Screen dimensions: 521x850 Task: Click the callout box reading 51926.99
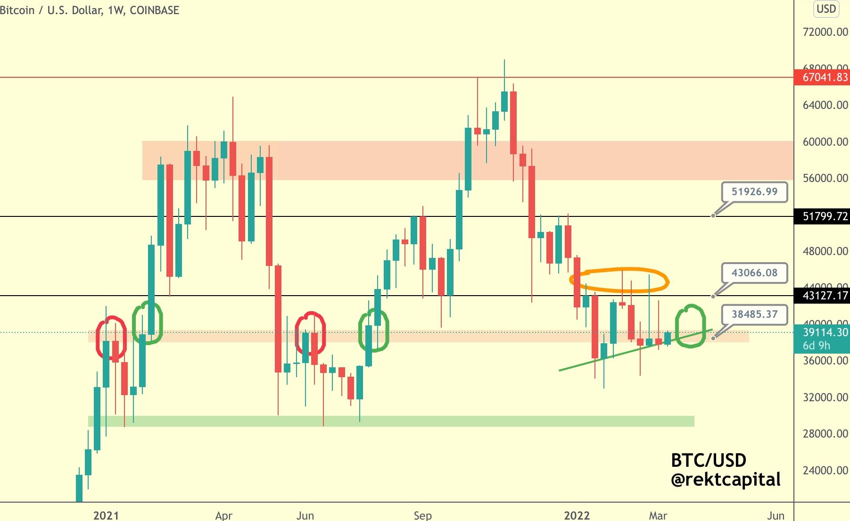(x=754, y=192)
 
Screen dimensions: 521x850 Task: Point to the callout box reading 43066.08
(x=754, y=273)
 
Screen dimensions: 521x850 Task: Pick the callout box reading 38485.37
(x=754, y=314)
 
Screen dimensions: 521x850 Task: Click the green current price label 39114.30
(x=825, y=332)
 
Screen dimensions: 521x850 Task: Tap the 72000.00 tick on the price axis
(x=825, y=32)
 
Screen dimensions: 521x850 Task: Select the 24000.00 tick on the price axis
(x=825, y=471)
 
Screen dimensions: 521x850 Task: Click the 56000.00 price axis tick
(x=825, y=178)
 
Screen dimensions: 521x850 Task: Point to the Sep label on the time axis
(x=422, y=515)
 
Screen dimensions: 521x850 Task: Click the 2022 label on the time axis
(x=577, y=515)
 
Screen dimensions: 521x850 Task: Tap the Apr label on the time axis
(x=223, y=515)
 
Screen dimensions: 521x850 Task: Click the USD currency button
(x=826, y=9)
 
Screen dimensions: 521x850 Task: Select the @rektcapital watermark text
(x=726, y=480)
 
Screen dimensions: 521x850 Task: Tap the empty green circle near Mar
(x=690, y=326)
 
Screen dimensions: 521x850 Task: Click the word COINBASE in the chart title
(x=154, y=10)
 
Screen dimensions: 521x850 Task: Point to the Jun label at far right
(x=776, y=515)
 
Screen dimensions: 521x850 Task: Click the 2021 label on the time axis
(x=106, y=515)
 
